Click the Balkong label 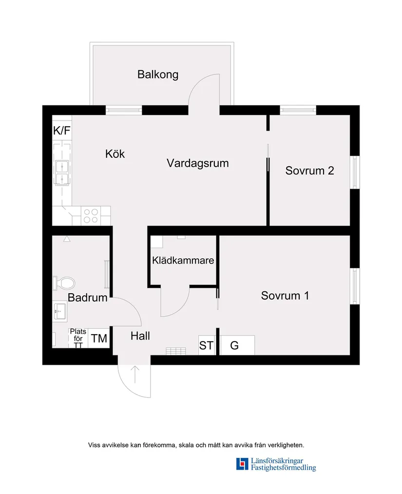pyautogui.click(x=158, y=75)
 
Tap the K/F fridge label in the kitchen pyautogui.click(x=61, y=131)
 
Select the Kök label pyautogui.click(x=115, y=154)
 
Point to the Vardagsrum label pyautogui.click(x=197, y=163)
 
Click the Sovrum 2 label pyautogui.click(x=309, y=171)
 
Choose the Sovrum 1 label pyautogui.click(x=285, y=296)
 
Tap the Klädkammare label pyautogui.click(x=183, y=261)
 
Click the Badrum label pyautogui.click(x=87, y=298)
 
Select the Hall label pyautogui.click(x=140, y=336)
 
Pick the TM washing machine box pyautogui.click(x=99, y=339)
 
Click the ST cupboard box pyautogui.click(x=207, y=345)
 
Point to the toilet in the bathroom pyautogui.click(x=65, y=283)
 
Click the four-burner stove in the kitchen pyautogui.click(x=91, y=216)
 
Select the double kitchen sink pyautogui.click(x=62, y=173)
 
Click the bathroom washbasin pyautogui.click(x=59, y=310)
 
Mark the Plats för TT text pyautogui.click(x=78, y=338)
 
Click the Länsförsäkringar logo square pyautogui.click(x=242, y=464)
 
